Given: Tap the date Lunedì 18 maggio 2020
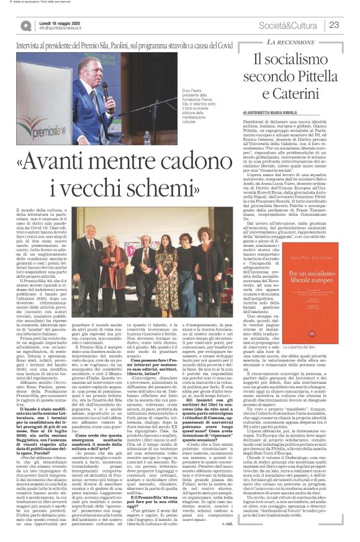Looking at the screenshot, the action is pos(58,22).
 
